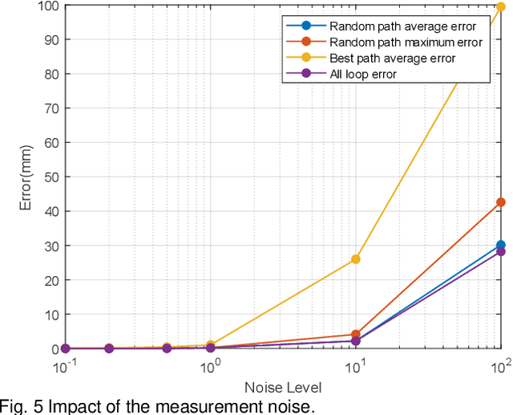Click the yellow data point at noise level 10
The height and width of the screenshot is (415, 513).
(x=356, y=259)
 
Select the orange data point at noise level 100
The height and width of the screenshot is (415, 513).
(x=501, y=202)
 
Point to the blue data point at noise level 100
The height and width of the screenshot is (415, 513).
(x=501, y=245)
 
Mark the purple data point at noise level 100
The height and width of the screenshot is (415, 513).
(x=501, y=251)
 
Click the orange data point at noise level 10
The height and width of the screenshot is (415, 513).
(x=356, y=335)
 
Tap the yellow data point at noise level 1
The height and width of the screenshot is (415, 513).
(x=211, y=345)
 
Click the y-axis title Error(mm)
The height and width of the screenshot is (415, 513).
(x=26, y=177)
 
